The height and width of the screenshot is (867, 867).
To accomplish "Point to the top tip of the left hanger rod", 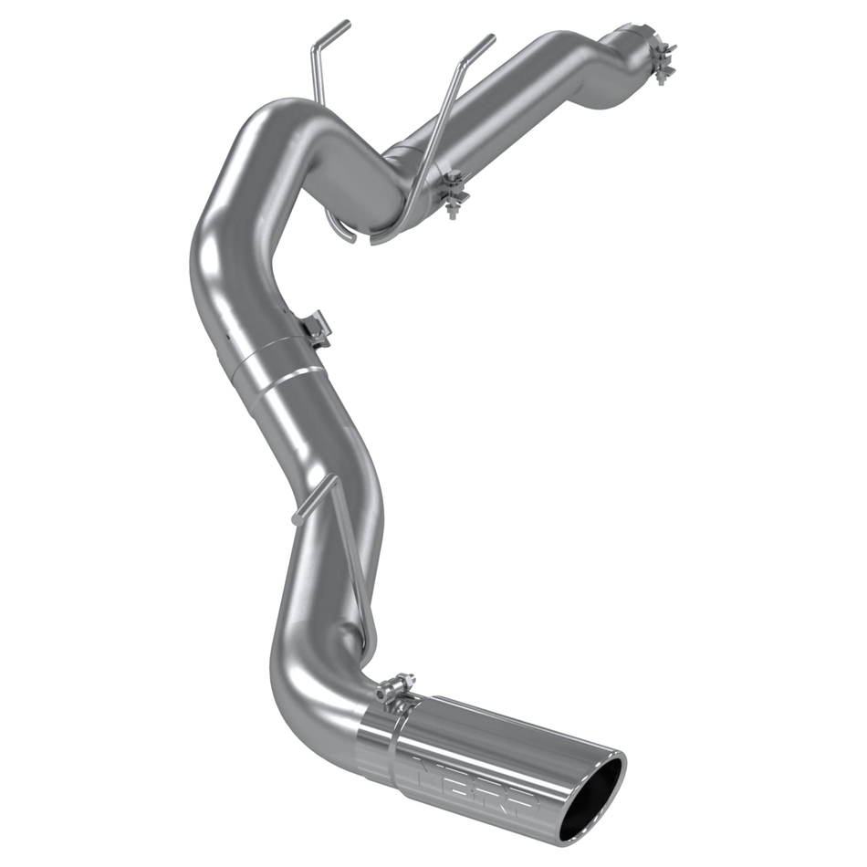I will (x=348, y=24).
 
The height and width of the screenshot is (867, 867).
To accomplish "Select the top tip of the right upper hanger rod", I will (x=492, y=38).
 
